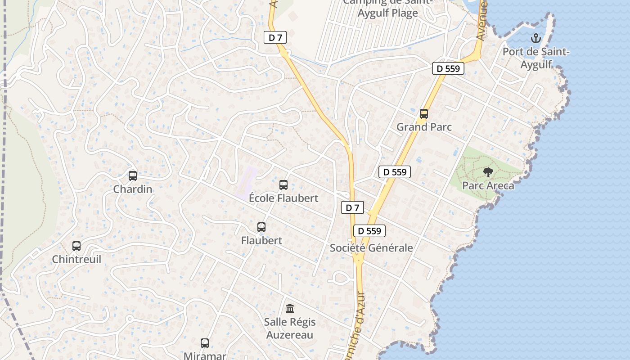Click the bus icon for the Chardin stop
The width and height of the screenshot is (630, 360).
(132, 176)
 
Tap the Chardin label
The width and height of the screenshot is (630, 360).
(133, 189)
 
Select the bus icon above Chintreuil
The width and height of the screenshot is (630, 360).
(76, 246)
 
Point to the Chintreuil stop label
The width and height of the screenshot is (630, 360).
(76, 260)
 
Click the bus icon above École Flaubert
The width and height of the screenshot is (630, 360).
(283, 184)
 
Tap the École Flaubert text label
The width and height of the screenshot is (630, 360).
(283, 198)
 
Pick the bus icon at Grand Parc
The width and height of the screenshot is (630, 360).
(424, 114)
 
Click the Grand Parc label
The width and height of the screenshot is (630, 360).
(424, 127)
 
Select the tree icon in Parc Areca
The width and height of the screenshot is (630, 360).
(488, 172)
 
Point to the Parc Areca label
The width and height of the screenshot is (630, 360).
(488, 186)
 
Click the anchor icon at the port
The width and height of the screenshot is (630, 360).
(535, 38)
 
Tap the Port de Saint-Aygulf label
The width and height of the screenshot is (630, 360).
(536, 58)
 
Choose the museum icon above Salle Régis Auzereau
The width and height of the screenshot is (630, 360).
(290, 309)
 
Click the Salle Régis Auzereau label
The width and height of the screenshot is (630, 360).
(290, 328)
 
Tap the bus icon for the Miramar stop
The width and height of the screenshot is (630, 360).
(205, 343)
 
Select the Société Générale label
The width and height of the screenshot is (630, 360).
(371, 248)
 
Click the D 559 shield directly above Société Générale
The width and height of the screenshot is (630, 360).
(369, 231)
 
